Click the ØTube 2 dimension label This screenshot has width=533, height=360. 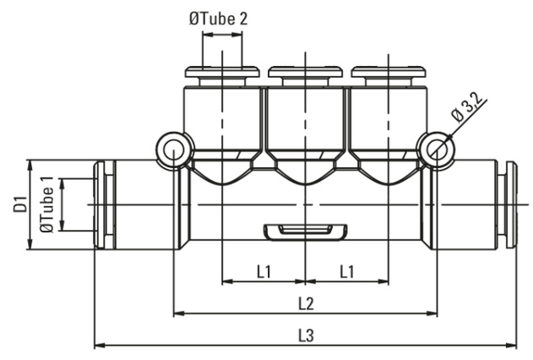tap(219, 19)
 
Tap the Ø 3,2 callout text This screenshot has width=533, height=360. tap(468, 107)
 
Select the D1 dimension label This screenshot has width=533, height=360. tap(19, 204)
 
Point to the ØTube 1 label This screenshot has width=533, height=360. tap(46, 205)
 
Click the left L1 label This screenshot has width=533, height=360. tap(264, 271)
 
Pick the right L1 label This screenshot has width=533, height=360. tap(347, 271)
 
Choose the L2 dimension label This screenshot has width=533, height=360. tap(306, 303)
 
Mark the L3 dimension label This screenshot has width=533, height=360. tap(306, 335)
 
